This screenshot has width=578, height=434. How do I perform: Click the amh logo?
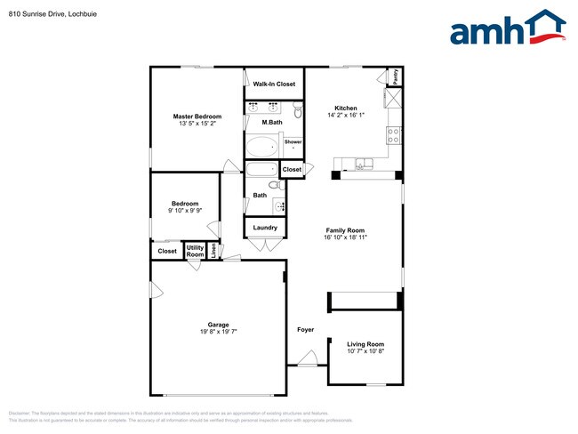[x=507, y=28]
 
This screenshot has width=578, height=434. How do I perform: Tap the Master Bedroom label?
[x=197, y=117]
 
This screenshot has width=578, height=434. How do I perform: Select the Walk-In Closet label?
[x=274, y=84]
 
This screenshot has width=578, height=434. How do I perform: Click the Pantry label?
[x=394, y=76]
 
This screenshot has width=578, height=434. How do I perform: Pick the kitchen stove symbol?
[x=393, y=136]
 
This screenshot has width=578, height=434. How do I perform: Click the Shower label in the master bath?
[x=293, y=142]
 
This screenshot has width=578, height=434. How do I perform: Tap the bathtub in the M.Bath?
[x=261, y=147]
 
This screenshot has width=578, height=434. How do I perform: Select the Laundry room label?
[x=265, y=228]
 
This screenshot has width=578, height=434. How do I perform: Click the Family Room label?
[x=344, y=230]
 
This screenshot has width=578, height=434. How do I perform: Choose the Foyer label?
[x=305, y=330]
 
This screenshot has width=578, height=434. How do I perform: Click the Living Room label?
[x=365, y=344]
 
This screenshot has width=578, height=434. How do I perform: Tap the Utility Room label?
[x=195, y=251]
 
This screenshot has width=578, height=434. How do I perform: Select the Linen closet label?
[x=213, y=251]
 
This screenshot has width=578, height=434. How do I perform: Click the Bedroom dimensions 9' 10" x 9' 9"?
[x=186, y=211]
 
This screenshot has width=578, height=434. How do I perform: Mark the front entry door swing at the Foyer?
[x=308, y=358]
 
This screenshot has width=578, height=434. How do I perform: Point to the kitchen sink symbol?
[x=363, y=162]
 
